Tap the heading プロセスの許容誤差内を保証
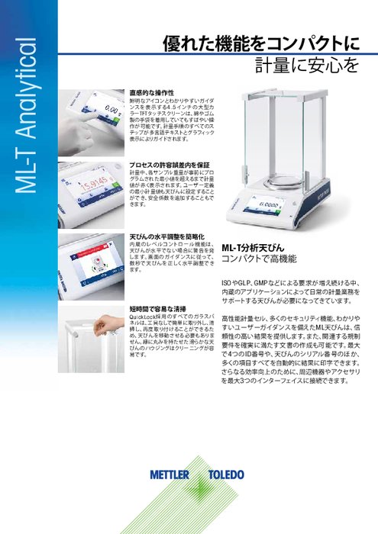click(169, 165)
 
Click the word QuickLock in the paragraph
click(144, 317)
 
